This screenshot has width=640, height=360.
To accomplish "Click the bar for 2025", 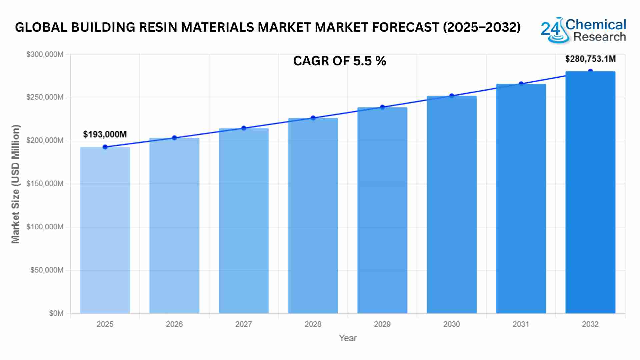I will pyautogui.click(x=105, y=230).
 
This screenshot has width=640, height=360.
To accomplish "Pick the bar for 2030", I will pyautogui.click(x=452, y=205).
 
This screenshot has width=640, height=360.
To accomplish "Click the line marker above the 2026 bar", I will pyautogui.click(x=174, y=138).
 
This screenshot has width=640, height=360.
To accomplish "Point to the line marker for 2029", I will pyautogui.click(x=382, y=107).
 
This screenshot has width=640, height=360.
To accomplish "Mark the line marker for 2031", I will pyautogui.click(x=521, y=84).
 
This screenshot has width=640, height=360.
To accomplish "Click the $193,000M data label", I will pyautogui.click(x=105, y=134).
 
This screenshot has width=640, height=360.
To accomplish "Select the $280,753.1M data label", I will pyautogui.click(x=590, y=59).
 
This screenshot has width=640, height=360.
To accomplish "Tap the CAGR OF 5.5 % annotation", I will pyautogui.click(x=339, y=61).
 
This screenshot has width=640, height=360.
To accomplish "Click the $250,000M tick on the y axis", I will pyautogui.click(x=45, y=97).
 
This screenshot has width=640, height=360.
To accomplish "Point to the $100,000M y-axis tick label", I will pyautogui.click(x=45, y=227).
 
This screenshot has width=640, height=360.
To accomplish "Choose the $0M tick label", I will pyautogui.click(x=56, y=313).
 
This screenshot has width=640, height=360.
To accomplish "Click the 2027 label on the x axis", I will pyautogui.click(x=244, y=324).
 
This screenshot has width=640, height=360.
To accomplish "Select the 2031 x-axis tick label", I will pyautogui.click(x=521, y=324).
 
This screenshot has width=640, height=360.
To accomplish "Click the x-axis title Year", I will pyautogui.click(x=348, y=338).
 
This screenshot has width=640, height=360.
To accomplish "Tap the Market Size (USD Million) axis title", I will pyautogui.click(x=16, y=184).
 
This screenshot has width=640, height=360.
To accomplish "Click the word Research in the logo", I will pyautogui.click(x=600, y=37).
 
